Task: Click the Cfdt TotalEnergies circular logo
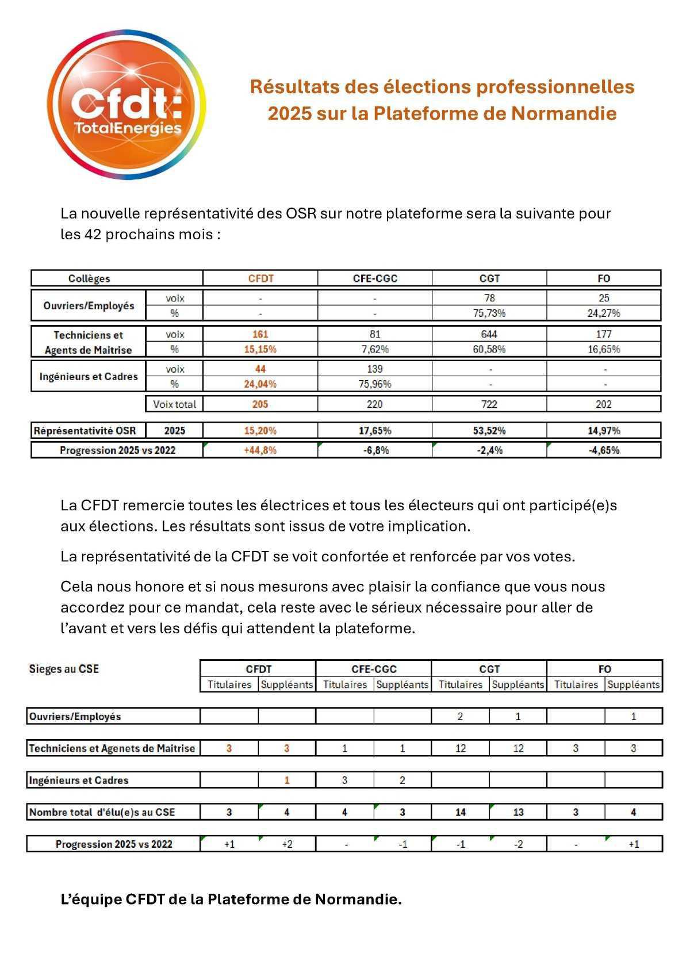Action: coord(126,105)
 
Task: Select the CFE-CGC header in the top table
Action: coord(375,278)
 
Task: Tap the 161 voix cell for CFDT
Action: coord(260,334)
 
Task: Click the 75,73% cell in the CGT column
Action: coord(489,313)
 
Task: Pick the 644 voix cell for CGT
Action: coord(489,334)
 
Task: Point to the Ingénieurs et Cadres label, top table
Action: coord(89,377)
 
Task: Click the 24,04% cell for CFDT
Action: coord(260,384)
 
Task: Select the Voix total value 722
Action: coord(489,404)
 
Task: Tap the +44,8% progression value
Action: coord(260,450)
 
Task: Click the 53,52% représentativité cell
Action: coord(489,430)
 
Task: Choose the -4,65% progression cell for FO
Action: coord(604,450)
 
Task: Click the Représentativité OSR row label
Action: coord(85,430)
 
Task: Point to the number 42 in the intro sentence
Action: coord(93,235)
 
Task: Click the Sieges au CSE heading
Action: coord(64,669)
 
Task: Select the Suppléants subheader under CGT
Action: coord(518,684)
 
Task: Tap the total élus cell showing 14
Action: coord(460,812)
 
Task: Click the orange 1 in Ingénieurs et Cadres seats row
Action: coord(287,780)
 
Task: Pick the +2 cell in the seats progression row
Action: coord(287,844)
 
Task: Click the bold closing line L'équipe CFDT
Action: coord(231,899)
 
